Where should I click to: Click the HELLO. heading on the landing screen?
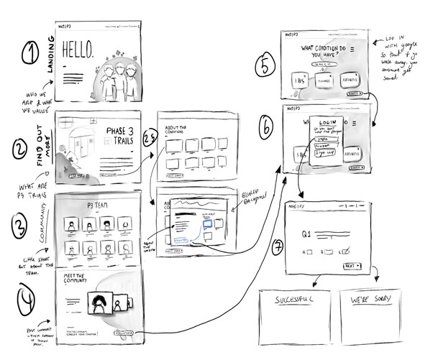pos(78,50)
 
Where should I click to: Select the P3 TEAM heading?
pos(99,205)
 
